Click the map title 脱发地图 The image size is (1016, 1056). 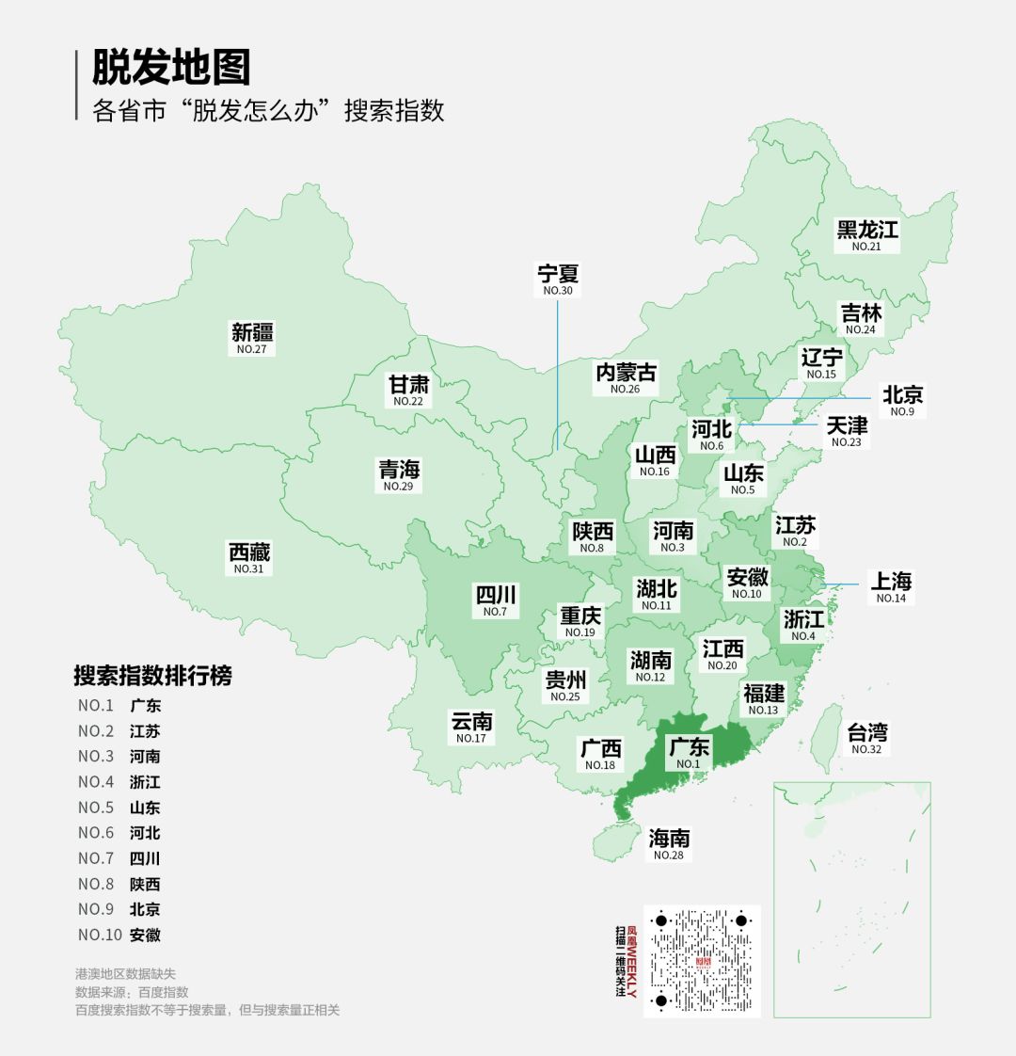[171, 68]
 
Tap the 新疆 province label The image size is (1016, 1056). [252, 333]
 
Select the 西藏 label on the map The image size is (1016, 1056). [249, 553]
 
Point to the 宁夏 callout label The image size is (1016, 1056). [558, 275]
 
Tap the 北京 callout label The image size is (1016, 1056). [902, 395]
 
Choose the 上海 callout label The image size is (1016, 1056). [890, 582]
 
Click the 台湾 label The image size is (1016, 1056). [866, 733]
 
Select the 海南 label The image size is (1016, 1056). [669, 839]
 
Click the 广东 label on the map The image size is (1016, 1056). [689, 748]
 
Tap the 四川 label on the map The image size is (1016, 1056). [495, 596]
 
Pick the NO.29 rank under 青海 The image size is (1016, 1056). [398, 487]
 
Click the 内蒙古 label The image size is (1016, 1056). [626, 374]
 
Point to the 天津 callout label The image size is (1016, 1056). [847, 426]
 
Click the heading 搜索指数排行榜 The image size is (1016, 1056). [152, 676]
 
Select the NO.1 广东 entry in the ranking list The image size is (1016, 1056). [119, 706]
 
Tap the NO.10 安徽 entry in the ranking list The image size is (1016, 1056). [119, 935]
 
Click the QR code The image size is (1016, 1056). [702, 961]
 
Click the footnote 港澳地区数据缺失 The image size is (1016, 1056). [125, 974]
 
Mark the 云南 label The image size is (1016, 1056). [471, 722]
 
